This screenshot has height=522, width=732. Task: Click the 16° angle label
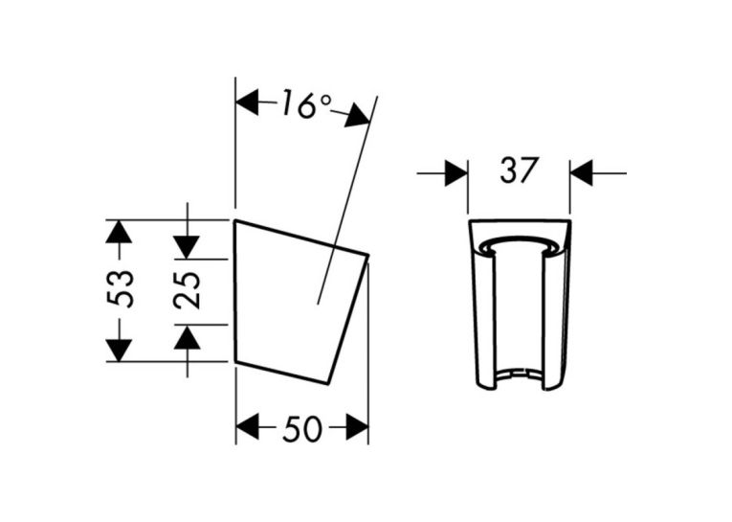(x=306, y=105)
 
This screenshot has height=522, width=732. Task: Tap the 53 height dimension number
(x=120, y=288)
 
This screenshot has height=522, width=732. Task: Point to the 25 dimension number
(x=188, y=290)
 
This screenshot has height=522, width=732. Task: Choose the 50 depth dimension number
(x=302, y=428)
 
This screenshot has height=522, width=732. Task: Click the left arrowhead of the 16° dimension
(x=247, y=102)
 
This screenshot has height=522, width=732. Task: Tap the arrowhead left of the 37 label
(x=456, y=173)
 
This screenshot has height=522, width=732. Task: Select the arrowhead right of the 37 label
(x=581, y=173)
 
